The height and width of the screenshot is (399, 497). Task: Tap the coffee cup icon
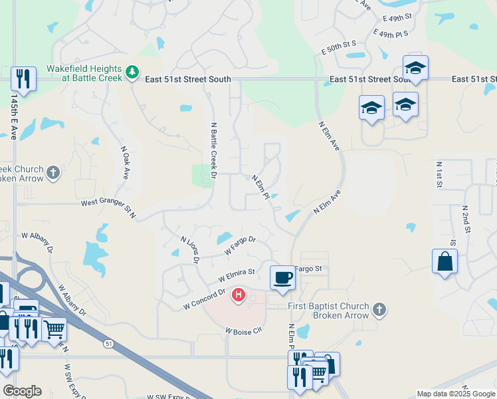click(282, 277)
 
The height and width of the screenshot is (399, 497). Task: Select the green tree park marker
click(132, 72)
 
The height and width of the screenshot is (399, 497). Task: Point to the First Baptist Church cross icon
click(379, 309)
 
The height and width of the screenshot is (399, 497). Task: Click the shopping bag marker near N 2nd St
click(445, 261)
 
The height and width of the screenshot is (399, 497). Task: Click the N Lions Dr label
click(190, 249)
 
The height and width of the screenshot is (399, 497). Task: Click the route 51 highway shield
click(108, 343)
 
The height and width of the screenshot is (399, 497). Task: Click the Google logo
click(22, 391)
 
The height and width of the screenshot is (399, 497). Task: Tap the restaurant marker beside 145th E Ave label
click(24, 78)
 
